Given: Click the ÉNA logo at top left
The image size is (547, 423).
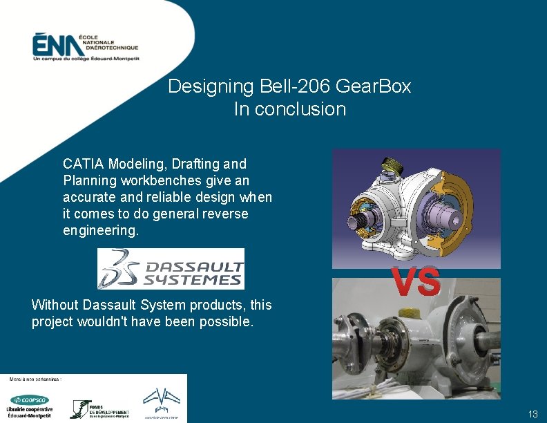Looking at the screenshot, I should click(x=84, y=47).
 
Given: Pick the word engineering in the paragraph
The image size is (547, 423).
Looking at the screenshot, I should click(x=100, y=231).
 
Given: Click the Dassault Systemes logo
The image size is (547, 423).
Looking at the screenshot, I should click(x=171, y=268).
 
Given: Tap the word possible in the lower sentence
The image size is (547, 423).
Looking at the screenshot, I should click(x=225, y=321).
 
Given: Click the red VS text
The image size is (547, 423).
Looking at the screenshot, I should click(x=416, y=282).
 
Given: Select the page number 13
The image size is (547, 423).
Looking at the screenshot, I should click(x=532, y=414).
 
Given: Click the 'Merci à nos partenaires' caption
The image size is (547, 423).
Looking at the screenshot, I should click(x=35, y=379).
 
